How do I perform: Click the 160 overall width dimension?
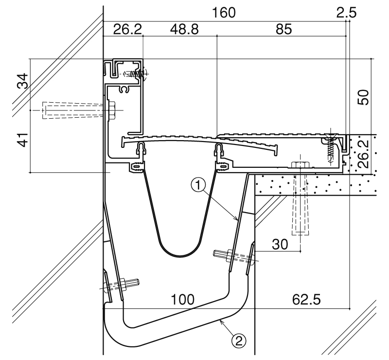pyautogui.click(x=224, y=13)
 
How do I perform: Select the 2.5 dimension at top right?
pyautogui.click(x=346, y=13)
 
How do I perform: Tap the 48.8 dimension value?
pyautogui.click(x=184, y=29)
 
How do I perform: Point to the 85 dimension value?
pyautogui.click(x=283, y=29)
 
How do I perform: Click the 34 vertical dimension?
pyautogui.click(x=23, y=81)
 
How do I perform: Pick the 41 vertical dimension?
pyautogui.click(x=23, y=140)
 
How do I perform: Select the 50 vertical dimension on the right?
pyautogui.click(x=363, y=97)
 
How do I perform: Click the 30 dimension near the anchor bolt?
pyautogui.click(x=280, y=244)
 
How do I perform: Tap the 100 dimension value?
pyautogui.click(x=183, y=299)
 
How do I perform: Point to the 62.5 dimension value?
pyautogui.click(x=306, y=299)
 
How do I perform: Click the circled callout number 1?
pyautogui.click(x=198, y=185)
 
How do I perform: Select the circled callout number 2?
pyautogui.click(x=239, y=342)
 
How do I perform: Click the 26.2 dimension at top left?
pyautogui.click(x=127, y=29)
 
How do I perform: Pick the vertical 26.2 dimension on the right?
pyautogui.click(x=363, y=154)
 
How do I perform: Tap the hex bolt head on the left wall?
pyautogui.click(x=112, y=110)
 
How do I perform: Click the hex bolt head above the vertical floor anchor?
pyautogui.click(x=300, y=165)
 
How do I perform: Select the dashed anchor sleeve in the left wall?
pyautogui.click(x=74, y=110)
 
